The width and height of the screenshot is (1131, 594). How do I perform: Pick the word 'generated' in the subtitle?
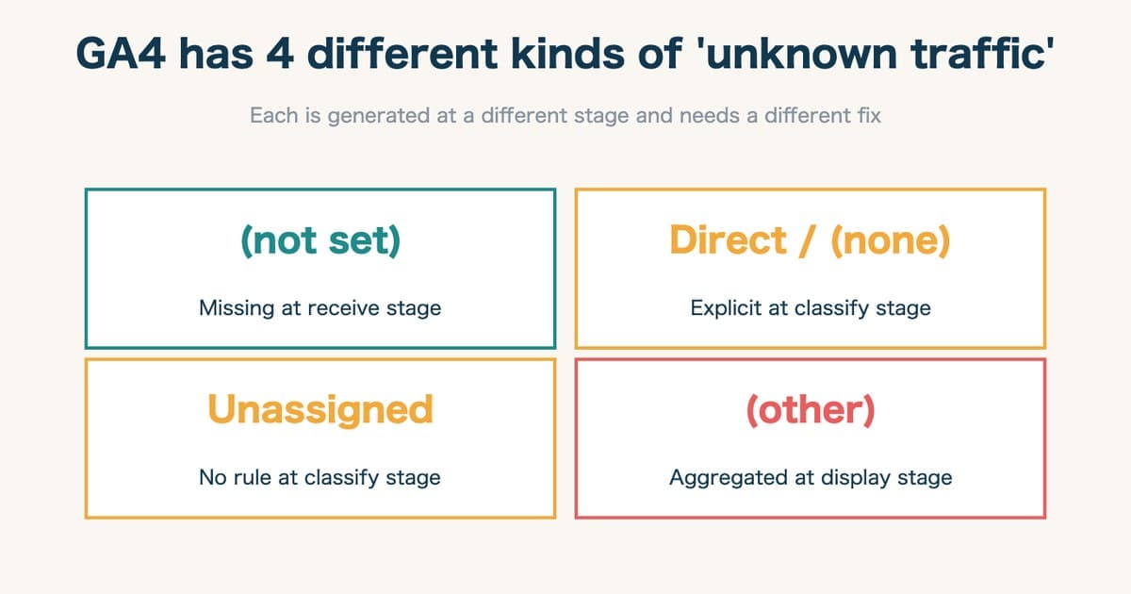374,117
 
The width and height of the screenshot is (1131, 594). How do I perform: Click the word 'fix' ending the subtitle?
867,117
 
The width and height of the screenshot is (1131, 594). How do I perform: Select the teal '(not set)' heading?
320,241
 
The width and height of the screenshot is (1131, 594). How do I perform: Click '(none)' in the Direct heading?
891,241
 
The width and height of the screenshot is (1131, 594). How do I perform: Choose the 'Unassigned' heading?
320,410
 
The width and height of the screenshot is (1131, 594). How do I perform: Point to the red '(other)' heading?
811,411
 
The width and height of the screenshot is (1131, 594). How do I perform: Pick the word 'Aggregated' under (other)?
724,478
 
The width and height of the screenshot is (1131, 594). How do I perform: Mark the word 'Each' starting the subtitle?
270,117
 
